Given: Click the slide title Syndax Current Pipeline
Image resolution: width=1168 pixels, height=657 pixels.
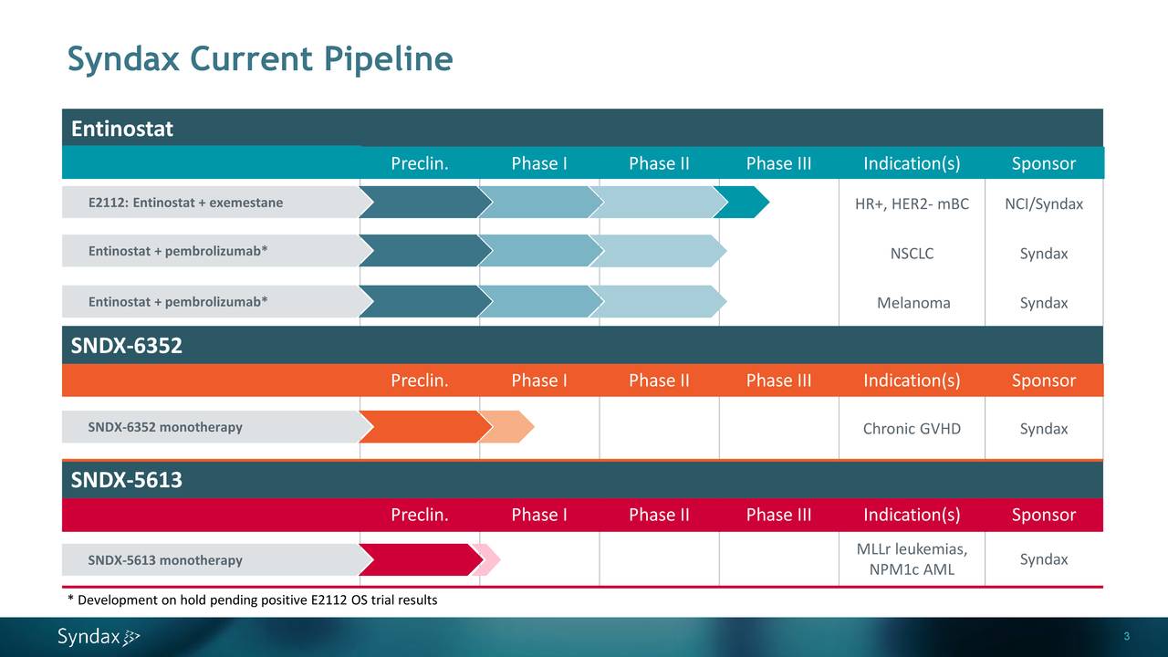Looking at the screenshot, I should click(x=260, y=59).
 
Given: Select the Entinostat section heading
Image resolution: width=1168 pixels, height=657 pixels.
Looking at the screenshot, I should click(x=122, y=129).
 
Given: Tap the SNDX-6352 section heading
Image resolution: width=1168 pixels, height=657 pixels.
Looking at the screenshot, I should click(x=127, y=346).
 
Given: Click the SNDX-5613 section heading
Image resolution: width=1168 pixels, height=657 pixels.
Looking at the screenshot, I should click(x=127, y=480).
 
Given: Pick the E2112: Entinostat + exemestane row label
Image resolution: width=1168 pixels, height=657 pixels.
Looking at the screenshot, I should click(x=185, y=203).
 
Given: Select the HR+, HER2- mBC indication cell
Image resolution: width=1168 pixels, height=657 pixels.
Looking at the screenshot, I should click(x=912, y=203).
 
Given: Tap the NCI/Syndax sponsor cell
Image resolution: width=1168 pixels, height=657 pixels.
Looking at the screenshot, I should click(x=1044, y=203).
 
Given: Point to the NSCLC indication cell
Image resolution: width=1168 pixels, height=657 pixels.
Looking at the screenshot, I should click(x=912, y=254).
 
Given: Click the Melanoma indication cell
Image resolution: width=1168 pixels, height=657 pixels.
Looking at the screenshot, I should click(x=912, y=303).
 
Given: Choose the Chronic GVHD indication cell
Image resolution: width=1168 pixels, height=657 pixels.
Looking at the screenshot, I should click(x=912, y=429).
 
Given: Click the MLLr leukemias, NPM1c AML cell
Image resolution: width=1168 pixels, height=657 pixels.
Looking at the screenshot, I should click(x=912, y=559).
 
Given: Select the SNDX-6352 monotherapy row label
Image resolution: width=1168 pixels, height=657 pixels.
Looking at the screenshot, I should click(x=165, y=427).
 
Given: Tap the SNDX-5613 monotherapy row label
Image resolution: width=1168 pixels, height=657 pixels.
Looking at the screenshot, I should click(x=165, y=560).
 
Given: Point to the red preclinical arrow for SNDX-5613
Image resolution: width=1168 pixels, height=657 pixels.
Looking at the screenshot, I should click(x=418, y=560).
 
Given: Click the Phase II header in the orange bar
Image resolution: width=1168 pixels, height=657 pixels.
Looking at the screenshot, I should click(x=659, y=381).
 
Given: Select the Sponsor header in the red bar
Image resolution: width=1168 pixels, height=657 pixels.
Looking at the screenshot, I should click(x=1044, y=515).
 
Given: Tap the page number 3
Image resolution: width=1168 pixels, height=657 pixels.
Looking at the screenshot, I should click(x=1127, y=636).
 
